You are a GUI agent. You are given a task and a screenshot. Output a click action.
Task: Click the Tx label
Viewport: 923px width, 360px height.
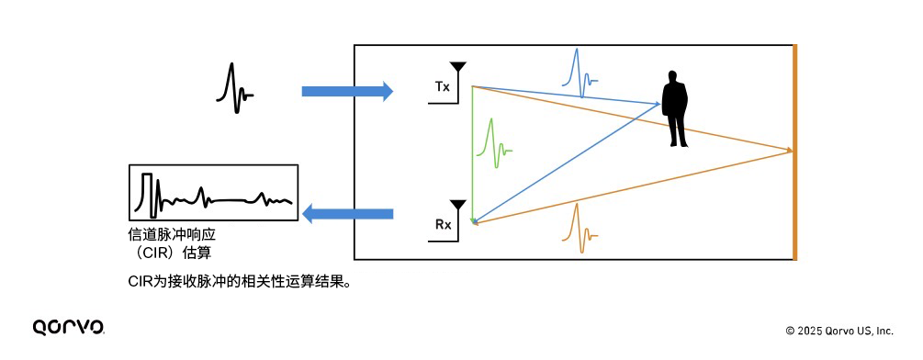(x=442, y=87)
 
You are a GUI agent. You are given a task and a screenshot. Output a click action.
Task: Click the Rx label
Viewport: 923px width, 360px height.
(x=442, y=224)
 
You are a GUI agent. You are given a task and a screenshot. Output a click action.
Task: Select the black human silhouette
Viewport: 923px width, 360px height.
(x=676, y=110)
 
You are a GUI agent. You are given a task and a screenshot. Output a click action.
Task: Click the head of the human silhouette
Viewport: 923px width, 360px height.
(x=675, y=76)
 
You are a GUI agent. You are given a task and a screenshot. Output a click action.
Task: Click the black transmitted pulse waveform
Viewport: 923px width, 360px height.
(x=234, y=87)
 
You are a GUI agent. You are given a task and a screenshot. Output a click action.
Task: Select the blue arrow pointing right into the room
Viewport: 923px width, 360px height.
(x=346, y=91)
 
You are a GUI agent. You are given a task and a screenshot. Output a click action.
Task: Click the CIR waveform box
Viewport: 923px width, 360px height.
(x=213, y=193)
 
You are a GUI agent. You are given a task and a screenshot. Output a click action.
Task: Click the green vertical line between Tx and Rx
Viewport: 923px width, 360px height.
(x=472, y=152)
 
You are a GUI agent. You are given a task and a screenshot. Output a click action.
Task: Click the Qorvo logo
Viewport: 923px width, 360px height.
(x=68, y=327)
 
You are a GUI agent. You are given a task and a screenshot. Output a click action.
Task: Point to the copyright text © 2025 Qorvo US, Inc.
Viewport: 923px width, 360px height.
(x=839, y=331)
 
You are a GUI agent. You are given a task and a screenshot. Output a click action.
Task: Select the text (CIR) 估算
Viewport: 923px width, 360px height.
(x=174, y=252)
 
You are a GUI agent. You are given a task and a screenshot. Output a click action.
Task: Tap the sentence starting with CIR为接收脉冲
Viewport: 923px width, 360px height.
(x=241, y=282)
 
